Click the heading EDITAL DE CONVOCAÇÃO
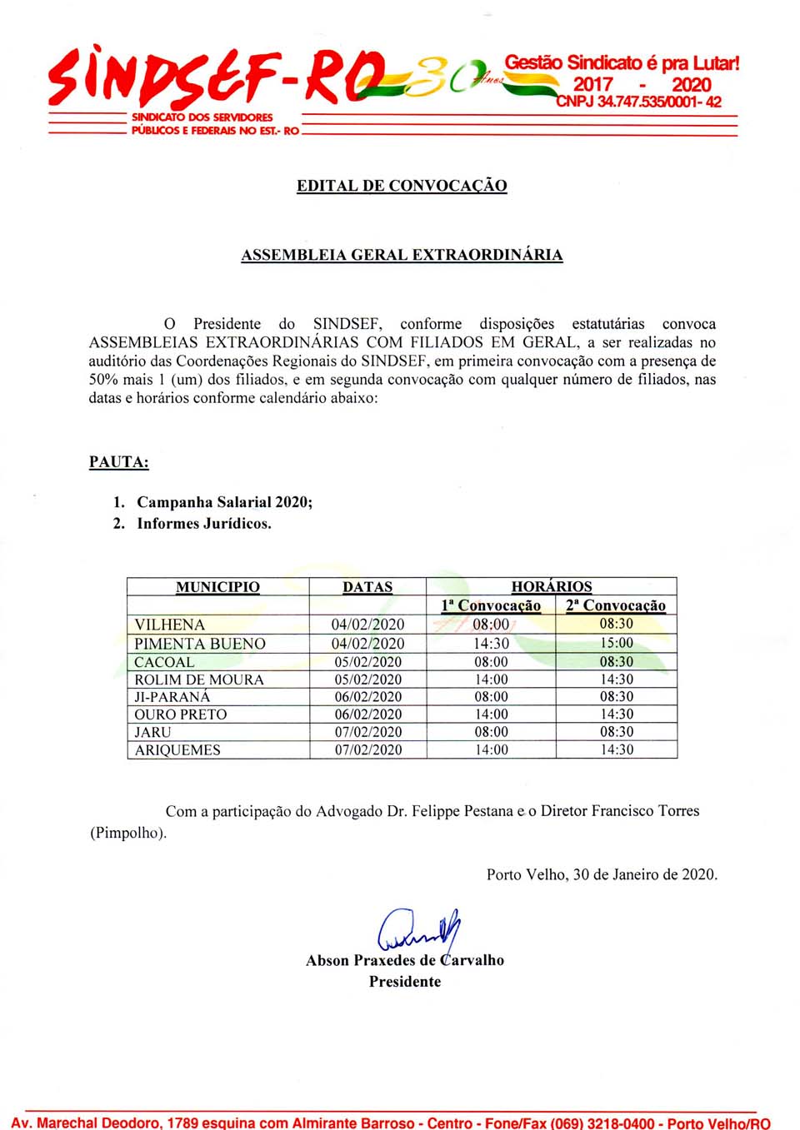pos(402,186)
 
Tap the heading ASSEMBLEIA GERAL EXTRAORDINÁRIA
pos(402,255)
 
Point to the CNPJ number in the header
pos(638,102)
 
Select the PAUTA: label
pos(119,462)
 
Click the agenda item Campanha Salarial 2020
pos(224,502)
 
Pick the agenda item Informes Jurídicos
pos(204,524)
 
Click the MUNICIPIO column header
pos(217,587)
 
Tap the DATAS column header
pos(367,587)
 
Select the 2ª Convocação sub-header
pos(616,605)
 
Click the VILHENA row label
pos(169,625)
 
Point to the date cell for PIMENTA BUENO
pos(367,644)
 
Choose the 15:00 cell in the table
pos(617,643)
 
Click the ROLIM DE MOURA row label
pos(199,679)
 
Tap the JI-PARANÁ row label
pos(172,697)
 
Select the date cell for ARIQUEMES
pos(367,749)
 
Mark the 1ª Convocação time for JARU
pos(491,732)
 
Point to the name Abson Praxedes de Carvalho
pos(405,960)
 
